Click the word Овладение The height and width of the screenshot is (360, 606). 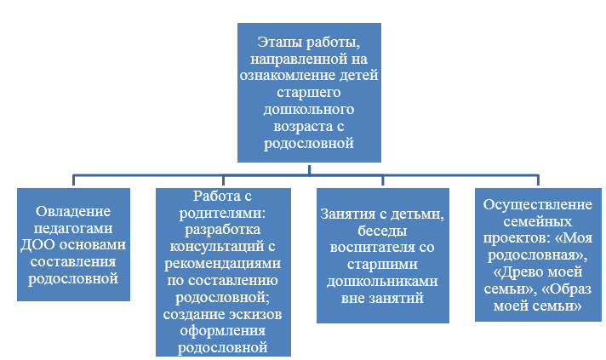[73, 211]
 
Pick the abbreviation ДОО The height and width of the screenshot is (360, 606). [37, 245]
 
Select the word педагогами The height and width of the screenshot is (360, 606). [73, 228]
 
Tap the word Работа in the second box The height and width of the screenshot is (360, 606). [213, 196]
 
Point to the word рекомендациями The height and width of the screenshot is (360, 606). [223, 264]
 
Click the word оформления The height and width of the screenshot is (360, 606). [223, 331]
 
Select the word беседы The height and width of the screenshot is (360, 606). [382, 231]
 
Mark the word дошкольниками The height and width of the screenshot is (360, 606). [382, 281]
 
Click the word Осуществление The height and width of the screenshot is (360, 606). [538, 204]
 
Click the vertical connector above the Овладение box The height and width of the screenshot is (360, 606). [73, 180]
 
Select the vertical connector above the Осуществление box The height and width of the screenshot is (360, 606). [538, 180]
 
